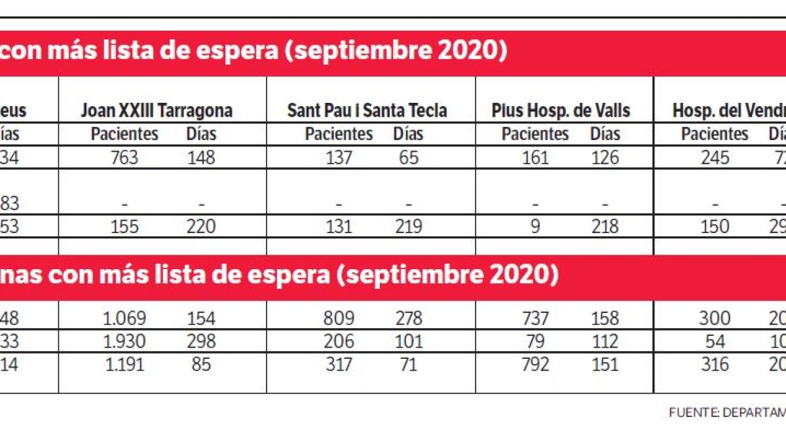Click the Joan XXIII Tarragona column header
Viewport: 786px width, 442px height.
pyautogui.click(x=156, y=110)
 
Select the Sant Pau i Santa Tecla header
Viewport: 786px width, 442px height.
pyautogui.click(x=367, y=110)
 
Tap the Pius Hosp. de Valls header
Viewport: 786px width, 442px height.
pyautogui.click(x=561, y=110)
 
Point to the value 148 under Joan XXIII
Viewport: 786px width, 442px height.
pyautogui.click(x=201, y=158)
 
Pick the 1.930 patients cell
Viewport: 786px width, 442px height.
pyautogui.click(x=124, y=341)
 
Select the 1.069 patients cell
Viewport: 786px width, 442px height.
pyautogui.click(x=124, y=319)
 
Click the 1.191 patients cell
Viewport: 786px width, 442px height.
pyautogui.click(x=124, y=364)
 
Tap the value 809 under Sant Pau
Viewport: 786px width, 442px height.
pyautogui.click(x=339, y=319)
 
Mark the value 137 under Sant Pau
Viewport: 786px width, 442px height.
pyautogui.click(x=339, y=158)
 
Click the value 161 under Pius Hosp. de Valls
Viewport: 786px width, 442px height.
pyautogui.click(x=535, y=158)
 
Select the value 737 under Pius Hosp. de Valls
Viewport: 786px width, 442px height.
pyautogui.click(x=535, y=319)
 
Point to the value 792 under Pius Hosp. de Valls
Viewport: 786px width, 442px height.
pyautogui.click(x=535, y=364)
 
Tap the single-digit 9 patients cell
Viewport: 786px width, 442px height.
pyautogui.click(x=535, y=227)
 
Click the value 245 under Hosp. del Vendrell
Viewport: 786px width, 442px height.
pyautogui.click(x=715, y=158)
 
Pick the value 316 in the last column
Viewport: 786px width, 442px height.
pyautogui.click(x=715, y=364)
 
